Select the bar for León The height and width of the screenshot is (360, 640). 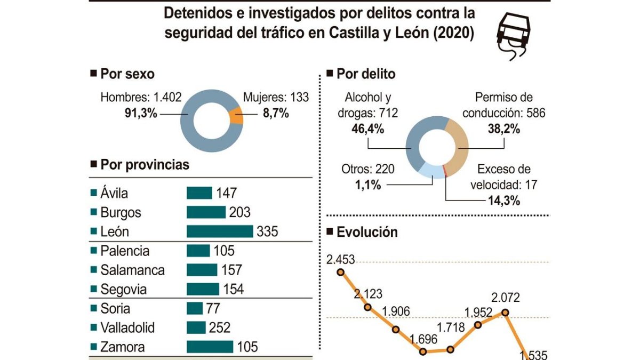[x=219, y=231]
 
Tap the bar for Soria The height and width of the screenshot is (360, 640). [x=195, y=308]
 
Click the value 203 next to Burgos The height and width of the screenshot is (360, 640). [x=240, y=212]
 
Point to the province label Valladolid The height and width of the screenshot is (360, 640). [x=127, y=327]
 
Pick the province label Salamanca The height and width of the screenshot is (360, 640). [x=132, y=270]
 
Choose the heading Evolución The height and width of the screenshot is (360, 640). [x=367, y=232]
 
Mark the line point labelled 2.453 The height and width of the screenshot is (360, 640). [x=341, y=272]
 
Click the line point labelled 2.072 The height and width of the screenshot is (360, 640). [x=506, y=313]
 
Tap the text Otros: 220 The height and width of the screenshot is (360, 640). [x=367, y=169]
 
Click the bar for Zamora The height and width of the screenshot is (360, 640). [x=210, y=347]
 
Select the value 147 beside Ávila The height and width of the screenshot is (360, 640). [x=226, y=193]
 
